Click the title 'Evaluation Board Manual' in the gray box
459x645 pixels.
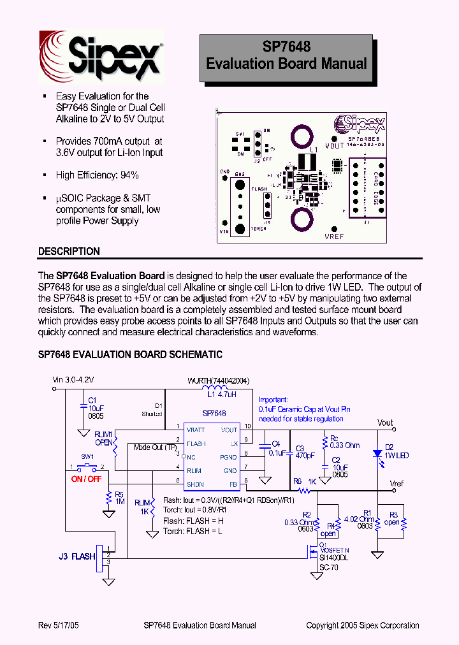[x=286, y=64]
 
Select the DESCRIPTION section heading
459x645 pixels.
[x=69, y=251]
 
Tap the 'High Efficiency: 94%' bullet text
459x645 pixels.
[x=97, y=175]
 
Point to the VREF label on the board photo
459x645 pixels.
[x=334, y=236]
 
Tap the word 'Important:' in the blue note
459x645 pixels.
[x=273, y=400]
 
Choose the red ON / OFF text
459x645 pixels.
[x=86, y=479]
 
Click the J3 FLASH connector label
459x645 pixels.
[x=74, y=556]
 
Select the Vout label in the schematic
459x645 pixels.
[x=385, y=423]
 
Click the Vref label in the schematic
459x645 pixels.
[x=397, y=484]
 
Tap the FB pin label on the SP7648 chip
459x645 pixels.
[x=233, y=484]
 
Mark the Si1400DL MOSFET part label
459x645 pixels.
[x=334, y=557]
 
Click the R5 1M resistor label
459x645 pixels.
[x=119, y=498]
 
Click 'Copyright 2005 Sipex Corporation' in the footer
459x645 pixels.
[x=363, y=625]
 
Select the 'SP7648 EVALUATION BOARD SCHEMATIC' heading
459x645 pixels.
[x=130, y=354]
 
